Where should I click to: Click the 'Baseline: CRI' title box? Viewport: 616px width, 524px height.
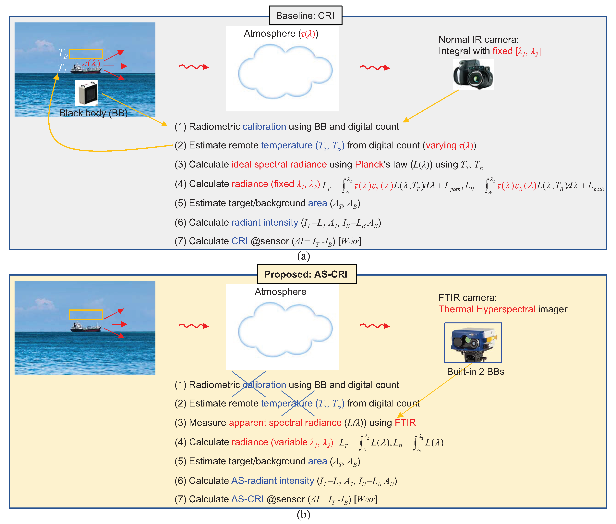pyautogui.click(x=305, y=15)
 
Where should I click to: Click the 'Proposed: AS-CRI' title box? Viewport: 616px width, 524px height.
pyautogui.click(x=306, y=274)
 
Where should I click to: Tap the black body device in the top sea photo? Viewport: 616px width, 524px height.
pyautogui.click(x=86, y=93)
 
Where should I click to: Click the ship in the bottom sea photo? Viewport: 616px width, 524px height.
pyautogui.click(x=86, y=327)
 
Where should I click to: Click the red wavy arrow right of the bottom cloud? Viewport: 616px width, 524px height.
pyautogui.click(x=374, y=326)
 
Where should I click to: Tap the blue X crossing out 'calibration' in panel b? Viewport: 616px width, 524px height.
pyautogui.click(x=248, y=384)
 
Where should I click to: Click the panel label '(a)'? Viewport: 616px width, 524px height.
pyautogui.click(x=303, y=256)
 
